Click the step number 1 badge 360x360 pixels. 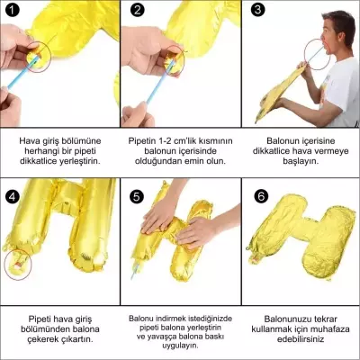click(x=12, y=11)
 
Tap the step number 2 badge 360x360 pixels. click(x=136, y=11)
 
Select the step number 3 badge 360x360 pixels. click(x=257, y=11)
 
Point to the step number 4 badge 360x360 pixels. click(x=12, y=195)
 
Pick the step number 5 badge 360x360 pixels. click(x=136, y=195)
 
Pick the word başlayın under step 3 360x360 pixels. click(x=301, y=161)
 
